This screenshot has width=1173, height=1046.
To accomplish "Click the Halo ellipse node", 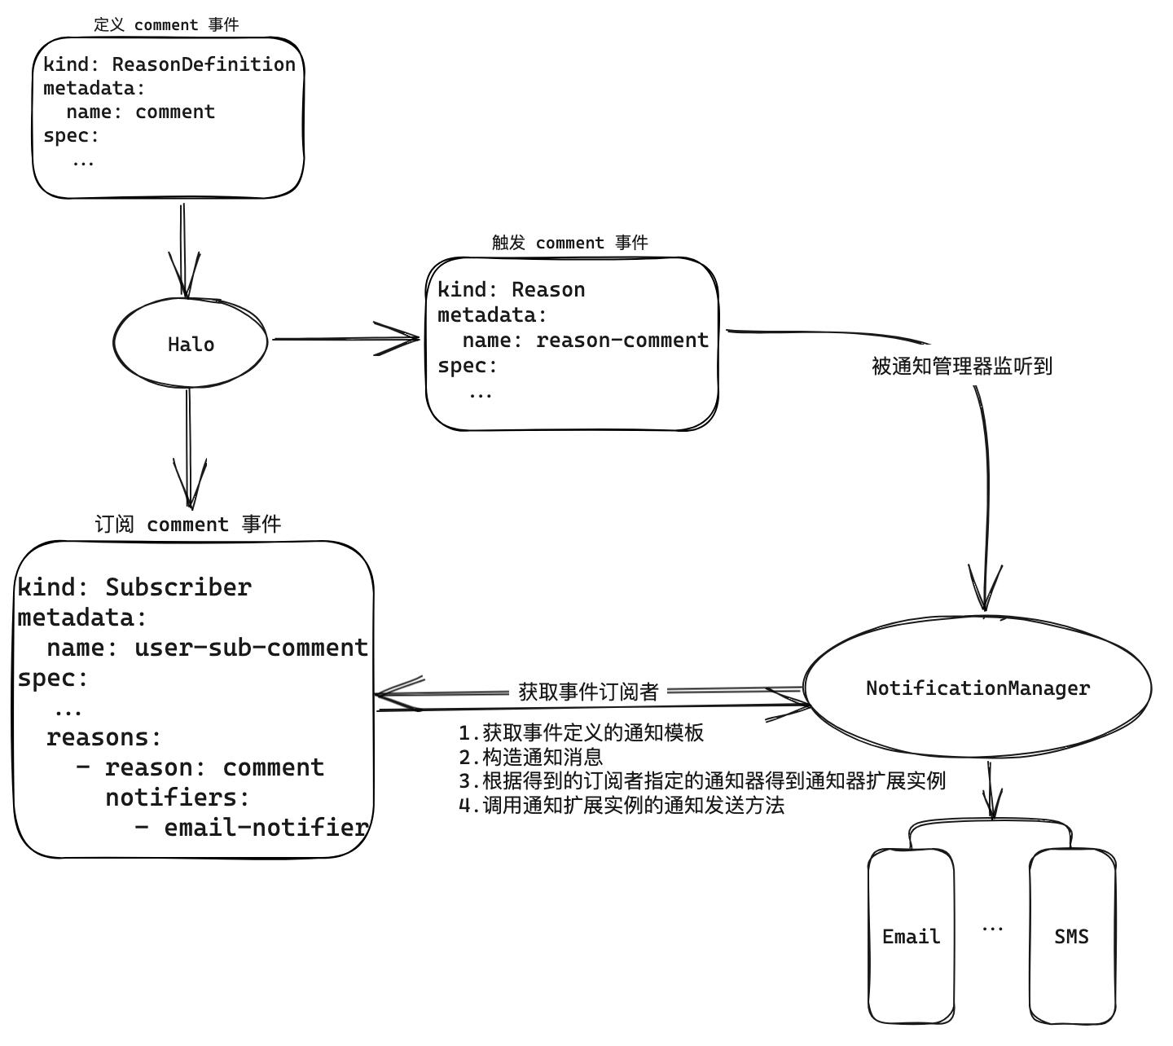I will [191, 344].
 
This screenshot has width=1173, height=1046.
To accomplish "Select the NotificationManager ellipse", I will [977, 688].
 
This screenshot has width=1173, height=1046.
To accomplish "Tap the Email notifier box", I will [911, 937].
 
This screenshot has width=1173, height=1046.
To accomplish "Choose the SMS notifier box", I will [1071, 937].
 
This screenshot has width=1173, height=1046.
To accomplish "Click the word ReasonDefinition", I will [204, 64].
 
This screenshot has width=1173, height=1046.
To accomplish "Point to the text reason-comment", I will [622, 340].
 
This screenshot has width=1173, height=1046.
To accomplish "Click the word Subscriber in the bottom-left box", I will [178, 587].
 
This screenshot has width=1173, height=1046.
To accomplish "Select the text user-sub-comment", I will [251, 648].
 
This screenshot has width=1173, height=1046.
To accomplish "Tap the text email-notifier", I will [266, 828].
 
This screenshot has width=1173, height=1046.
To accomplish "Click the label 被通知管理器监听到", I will [962, 367].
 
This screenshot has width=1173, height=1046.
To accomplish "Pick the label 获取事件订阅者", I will [588, 692].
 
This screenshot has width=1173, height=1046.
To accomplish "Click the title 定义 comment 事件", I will [166, 24].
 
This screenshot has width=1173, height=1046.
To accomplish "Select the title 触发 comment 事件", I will [569, 243].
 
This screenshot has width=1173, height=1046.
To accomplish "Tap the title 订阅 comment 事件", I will [187, 524].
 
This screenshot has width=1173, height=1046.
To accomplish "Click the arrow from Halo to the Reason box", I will [346, 338].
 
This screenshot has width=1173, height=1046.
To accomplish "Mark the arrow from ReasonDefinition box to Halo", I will [183, 248].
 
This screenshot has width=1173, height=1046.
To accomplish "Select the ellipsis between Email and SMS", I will [992, 929].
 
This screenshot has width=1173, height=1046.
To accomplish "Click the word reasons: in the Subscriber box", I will [104, 738].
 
